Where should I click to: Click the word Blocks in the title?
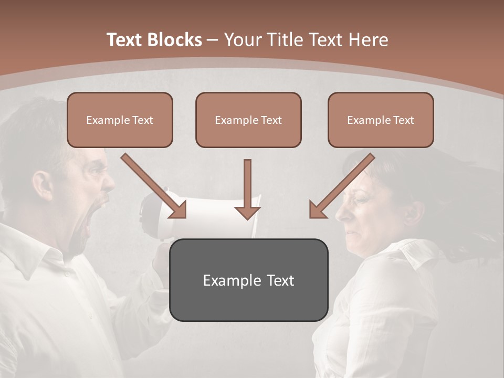[175, 40]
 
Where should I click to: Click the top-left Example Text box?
[120, 120]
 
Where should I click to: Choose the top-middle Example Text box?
[248, 120]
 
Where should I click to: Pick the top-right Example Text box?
[381, 120]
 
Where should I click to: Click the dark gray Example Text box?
[248, 280]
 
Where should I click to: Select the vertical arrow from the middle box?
[247, 189]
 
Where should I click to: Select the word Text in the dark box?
[277, 280]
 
